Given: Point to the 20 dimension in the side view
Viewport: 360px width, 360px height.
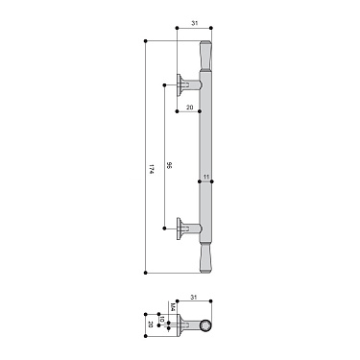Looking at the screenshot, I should point(189,107).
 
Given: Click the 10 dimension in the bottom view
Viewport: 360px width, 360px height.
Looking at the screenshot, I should point(162,321).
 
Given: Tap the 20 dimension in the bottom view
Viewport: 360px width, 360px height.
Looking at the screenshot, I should point(151,324).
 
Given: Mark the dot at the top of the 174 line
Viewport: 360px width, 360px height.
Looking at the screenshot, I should point(144,41).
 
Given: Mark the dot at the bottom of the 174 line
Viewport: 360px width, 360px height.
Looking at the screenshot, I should point(144,275).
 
